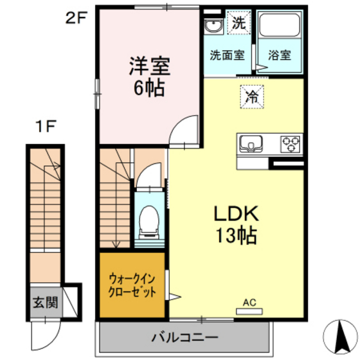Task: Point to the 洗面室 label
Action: point(227,55)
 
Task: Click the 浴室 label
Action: point(280,55)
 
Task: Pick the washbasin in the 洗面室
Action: point(213,26)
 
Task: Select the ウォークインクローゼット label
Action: point(132,285)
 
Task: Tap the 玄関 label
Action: point(45,301)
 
